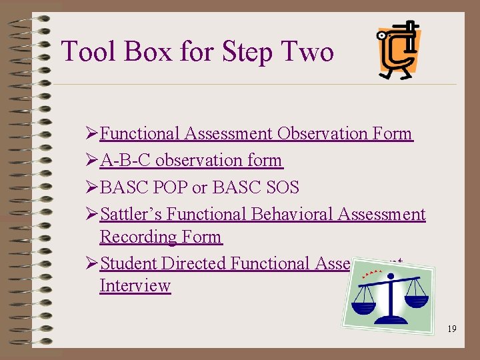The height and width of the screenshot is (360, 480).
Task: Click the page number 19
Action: (x=452, y=329)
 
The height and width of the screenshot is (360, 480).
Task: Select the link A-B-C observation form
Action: (x=191, y=161)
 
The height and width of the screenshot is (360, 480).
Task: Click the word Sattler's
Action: (x=131, y=214)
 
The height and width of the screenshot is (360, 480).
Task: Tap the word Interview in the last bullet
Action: (x=135, y=285)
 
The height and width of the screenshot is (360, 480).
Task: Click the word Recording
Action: (x=138, y=237)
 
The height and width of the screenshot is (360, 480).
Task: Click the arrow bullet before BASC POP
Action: (x=93, y=187)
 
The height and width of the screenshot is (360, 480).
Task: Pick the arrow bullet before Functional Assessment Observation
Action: (x=93, y=133)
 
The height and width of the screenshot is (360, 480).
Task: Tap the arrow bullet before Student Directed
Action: (x=93, y=263)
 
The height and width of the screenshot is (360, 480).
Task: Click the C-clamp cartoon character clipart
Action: (x=398, y=50)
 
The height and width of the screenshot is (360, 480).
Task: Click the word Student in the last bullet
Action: (x=128, y=263)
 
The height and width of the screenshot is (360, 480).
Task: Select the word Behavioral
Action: (x=291, y=214)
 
